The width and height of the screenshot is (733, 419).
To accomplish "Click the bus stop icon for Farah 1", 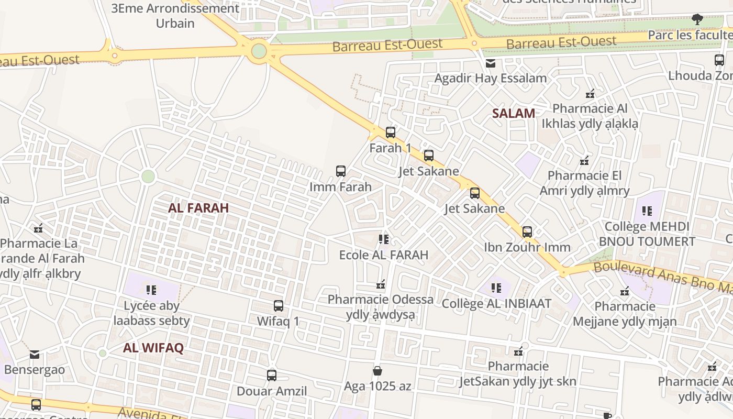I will click(x=391, y=132).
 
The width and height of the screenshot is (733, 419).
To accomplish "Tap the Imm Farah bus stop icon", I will click(x=341, y=171).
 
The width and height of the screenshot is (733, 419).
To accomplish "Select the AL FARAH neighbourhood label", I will click(x=198, y=208).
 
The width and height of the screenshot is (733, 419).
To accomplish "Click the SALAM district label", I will click(x=514, y=113).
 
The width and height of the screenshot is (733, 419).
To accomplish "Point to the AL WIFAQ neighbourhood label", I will click(x=153, y=348).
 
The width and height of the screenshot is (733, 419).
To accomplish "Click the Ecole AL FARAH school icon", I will click(x=384, y=239).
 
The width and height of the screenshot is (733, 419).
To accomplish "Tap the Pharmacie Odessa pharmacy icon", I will click(x=381, y=284).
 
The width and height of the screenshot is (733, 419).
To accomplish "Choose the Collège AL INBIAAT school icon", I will click(x=496, y=288).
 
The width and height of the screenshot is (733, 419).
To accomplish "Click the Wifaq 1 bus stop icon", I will click(x=279, y=305).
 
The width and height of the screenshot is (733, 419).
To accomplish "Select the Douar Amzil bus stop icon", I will click(x=272, y=375).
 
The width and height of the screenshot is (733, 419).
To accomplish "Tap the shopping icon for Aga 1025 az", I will click(x=377, y=371).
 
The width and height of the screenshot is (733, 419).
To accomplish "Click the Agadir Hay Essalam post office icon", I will click(x=491, y=63).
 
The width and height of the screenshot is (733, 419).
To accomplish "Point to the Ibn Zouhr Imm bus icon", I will click(x=527, y=231).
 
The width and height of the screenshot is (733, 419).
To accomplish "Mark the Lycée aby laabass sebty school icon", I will click(x=151, y=290).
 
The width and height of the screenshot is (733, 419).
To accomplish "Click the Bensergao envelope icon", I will click(x=35, y=355).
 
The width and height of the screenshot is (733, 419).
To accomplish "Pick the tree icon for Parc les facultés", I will click(x=697, y=20).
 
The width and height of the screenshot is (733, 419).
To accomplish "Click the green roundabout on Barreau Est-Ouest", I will click(x=259, y=51).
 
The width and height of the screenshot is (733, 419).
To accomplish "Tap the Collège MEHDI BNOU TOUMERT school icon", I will click(x=647, y=211).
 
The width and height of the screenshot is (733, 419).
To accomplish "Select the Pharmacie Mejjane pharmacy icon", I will click(x=625, y=291).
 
